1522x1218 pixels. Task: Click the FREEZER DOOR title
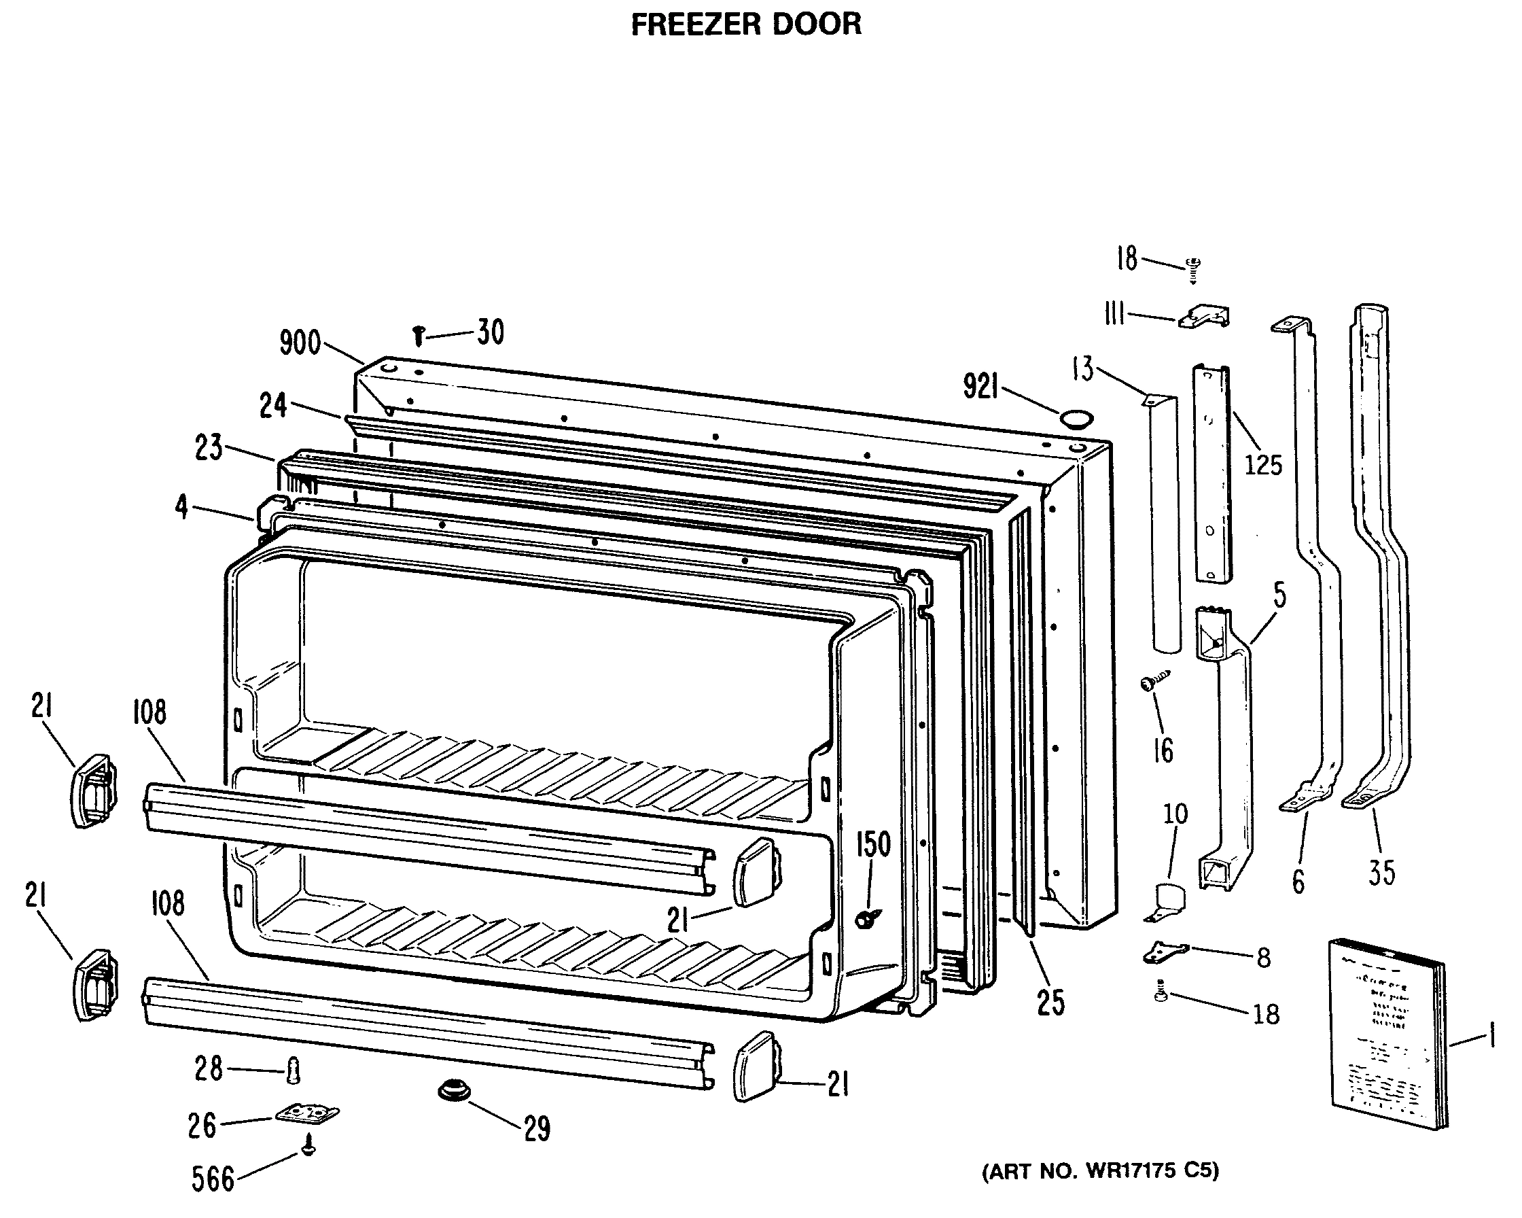[x=745, y=24]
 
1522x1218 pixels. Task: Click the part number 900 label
[x=300, y=343]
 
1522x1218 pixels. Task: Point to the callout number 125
[x=1263, y=465]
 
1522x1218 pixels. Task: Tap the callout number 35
[x=1381, y=873]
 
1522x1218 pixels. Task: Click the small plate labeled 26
[x=306, y=1113]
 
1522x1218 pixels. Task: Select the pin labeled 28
[x=293, y=1071]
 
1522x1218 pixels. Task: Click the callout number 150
[x=873, y=844]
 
